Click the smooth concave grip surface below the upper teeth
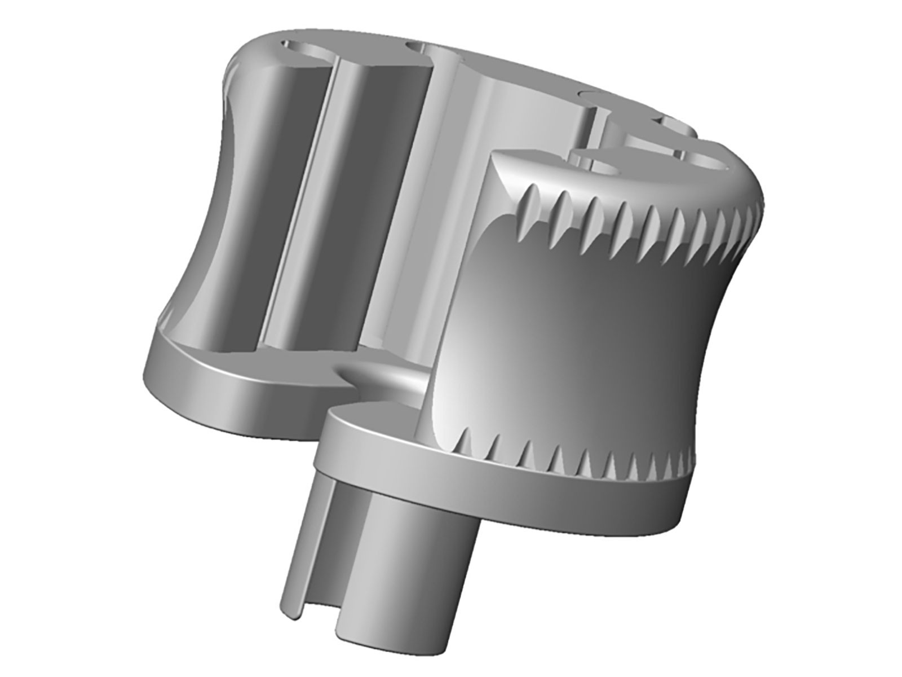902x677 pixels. pos(592,333)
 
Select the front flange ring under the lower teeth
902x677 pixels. pos(507,496)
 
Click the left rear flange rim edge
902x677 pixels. pos(225,395)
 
